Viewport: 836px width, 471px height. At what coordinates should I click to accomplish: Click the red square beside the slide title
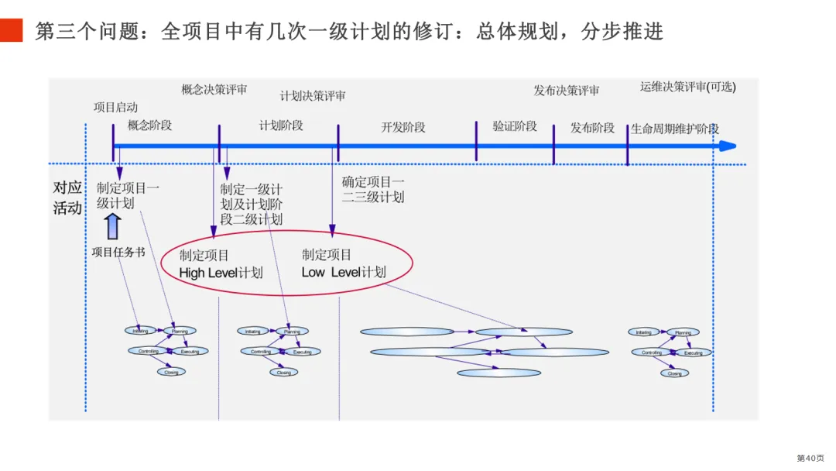(12, 31)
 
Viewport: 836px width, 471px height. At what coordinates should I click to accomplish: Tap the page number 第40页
(810, 458)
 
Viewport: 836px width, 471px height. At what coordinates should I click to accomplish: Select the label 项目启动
(115, 107)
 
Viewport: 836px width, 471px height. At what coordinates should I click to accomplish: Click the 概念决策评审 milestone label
(214, 90)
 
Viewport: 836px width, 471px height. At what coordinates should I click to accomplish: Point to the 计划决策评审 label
(313, 96)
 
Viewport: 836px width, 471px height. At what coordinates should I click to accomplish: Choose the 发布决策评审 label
(566, 91)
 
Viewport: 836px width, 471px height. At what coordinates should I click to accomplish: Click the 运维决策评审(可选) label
(687, 88)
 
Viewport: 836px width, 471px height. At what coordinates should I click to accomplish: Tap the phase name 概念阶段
(149, 125)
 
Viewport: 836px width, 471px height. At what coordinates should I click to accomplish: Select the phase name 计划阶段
(281, 125)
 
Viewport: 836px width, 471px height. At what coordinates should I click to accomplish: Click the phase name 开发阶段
(403, 127)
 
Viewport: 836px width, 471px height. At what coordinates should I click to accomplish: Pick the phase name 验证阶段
(515, 125)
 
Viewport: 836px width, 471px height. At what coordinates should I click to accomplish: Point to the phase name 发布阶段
(592, 128)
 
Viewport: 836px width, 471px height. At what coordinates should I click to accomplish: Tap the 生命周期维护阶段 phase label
(675, 129)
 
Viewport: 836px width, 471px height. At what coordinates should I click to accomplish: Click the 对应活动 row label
(67, 198)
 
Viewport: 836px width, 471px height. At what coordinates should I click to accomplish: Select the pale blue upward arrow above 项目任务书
(113, 227)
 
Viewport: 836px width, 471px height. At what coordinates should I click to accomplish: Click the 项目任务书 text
(118, 252)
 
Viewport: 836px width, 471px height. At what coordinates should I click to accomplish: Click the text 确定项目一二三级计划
(373, 190)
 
